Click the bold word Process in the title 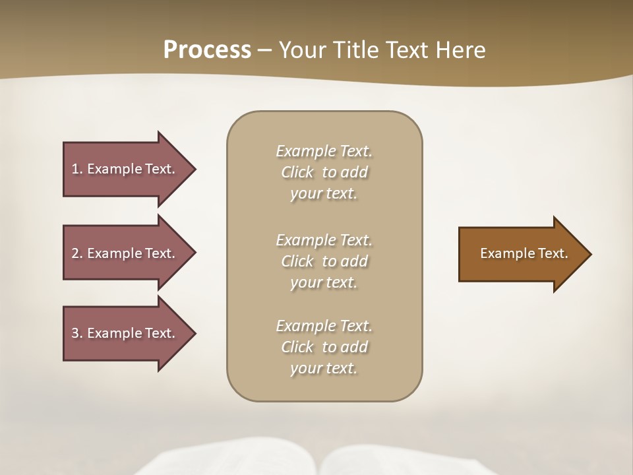tap(207, 50)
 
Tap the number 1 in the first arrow tap(75, 169)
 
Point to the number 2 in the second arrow tap(75, 253)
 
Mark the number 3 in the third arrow tap(75, 333)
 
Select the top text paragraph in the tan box tap(324, 172)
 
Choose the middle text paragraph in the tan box tap(324, 261)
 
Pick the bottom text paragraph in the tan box tap(324, 347)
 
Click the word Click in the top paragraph tap(297, 173)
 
